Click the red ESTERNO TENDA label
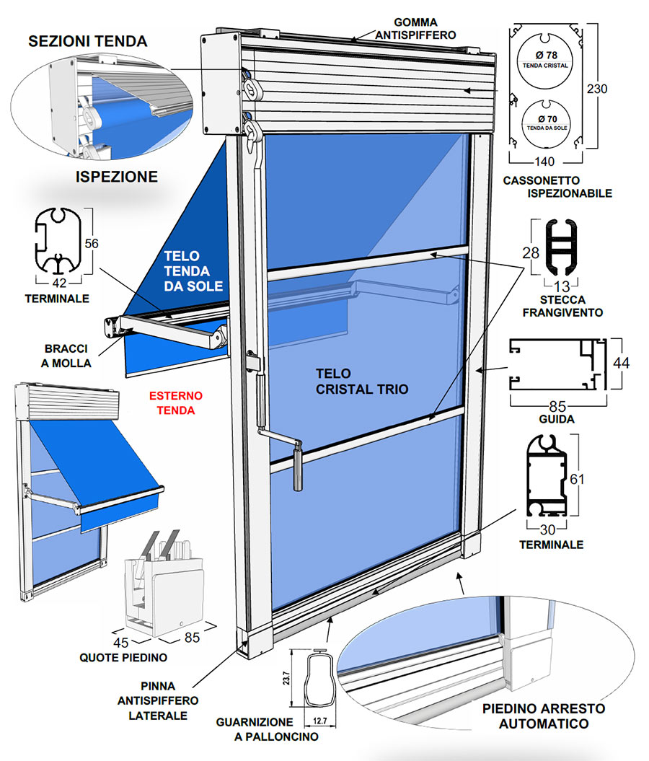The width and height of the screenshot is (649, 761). (x=175, y=403)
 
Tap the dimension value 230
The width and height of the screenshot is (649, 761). (x=597, y=89)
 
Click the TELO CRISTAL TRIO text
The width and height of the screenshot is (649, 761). (x=362, y=382)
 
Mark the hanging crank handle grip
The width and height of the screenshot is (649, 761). (x=297, y=470)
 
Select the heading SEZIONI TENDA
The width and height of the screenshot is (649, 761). (x=88, y=41)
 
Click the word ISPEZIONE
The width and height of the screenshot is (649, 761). (x=117, y=175)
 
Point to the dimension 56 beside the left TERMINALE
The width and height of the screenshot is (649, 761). (x=91, y=244)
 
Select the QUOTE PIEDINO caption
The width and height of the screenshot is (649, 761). (x=123, y=657)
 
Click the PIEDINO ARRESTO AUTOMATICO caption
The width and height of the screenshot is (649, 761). (x=544, y=716)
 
